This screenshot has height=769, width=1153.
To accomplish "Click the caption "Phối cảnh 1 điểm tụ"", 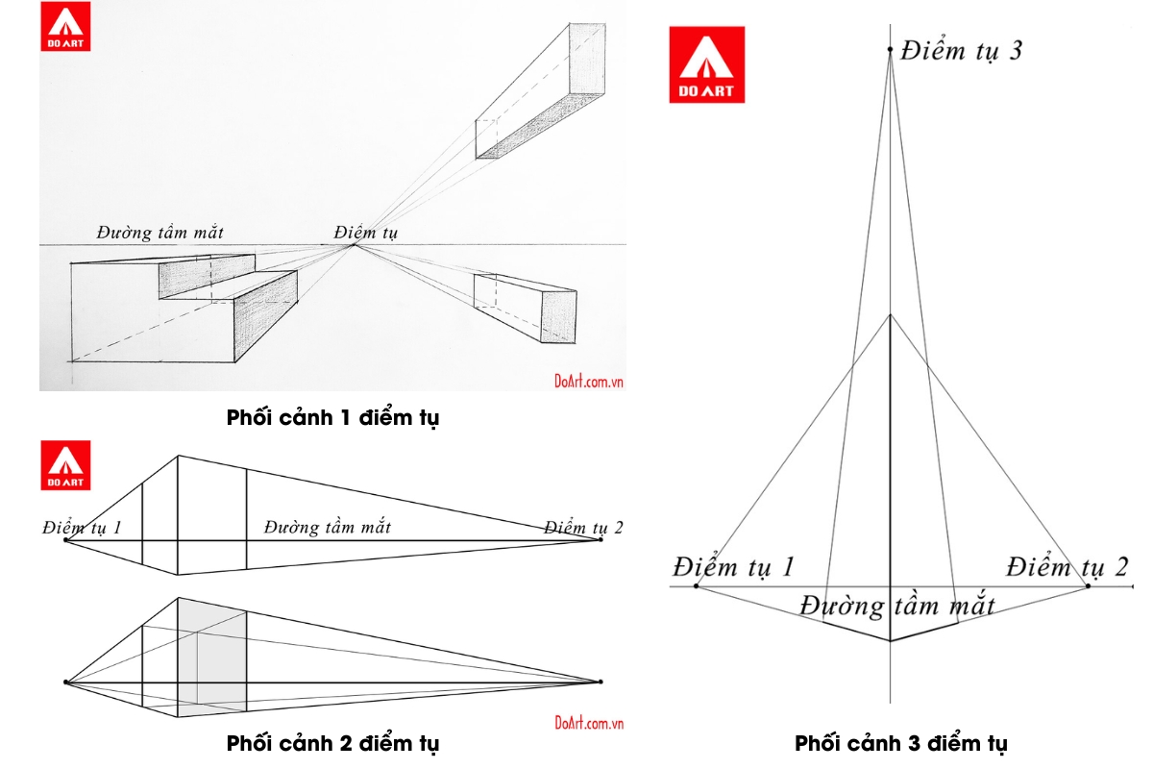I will (x=332, y=418).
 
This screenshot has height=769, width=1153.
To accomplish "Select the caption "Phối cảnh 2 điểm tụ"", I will (x=332, y=743).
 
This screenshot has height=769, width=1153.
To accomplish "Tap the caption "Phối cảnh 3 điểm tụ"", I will (x=900, y=743).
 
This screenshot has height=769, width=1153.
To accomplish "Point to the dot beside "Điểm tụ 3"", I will (x=891, y=49).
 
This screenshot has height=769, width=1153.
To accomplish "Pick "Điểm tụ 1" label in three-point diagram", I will (x=733, y=566).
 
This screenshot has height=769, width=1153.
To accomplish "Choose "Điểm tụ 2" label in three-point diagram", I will (x=1067, y=566).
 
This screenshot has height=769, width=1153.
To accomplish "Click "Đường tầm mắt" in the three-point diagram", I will (x=897, y=606).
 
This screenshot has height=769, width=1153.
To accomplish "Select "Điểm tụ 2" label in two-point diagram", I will (x=583, y=527).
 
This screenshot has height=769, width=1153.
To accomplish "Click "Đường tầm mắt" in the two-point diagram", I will (x=328, y=527).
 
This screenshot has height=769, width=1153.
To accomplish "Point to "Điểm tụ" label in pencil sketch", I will (x=366, y=232).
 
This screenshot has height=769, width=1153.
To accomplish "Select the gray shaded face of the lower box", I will (x=211, y=657).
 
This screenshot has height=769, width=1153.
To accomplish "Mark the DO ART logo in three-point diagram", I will (x=706, y=64).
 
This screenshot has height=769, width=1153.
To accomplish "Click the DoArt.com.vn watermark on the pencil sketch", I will (x=589, y=380).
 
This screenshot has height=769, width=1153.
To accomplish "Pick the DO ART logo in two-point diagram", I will (x=65, y=465).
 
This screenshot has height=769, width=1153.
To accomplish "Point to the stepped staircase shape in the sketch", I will (x=192, y=308).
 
